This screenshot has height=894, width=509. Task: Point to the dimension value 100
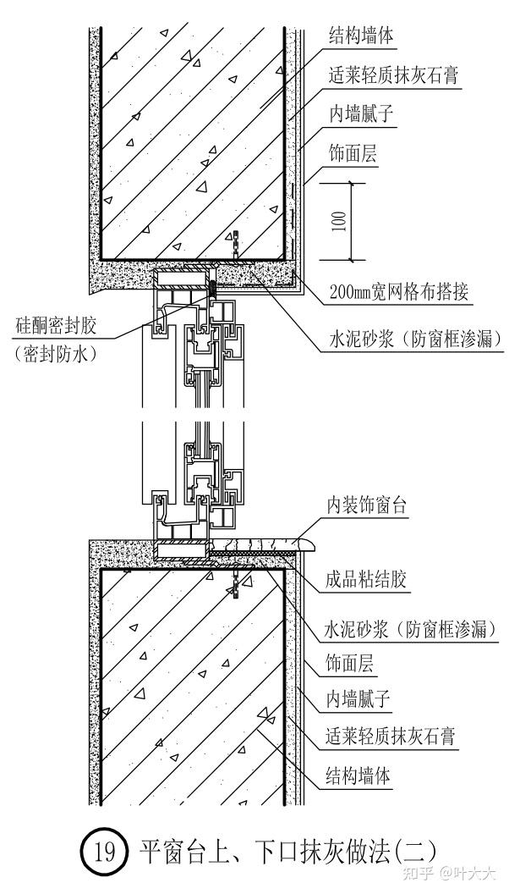[339, 222]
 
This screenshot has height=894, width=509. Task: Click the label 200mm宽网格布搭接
[397, 294]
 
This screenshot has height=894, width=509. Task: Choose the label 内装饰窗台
[368, 506]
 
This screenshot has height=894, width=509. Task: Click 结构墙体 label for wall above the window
[361, 36]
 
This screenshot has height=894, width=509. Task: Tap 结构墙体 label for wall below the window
[359, 775]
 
